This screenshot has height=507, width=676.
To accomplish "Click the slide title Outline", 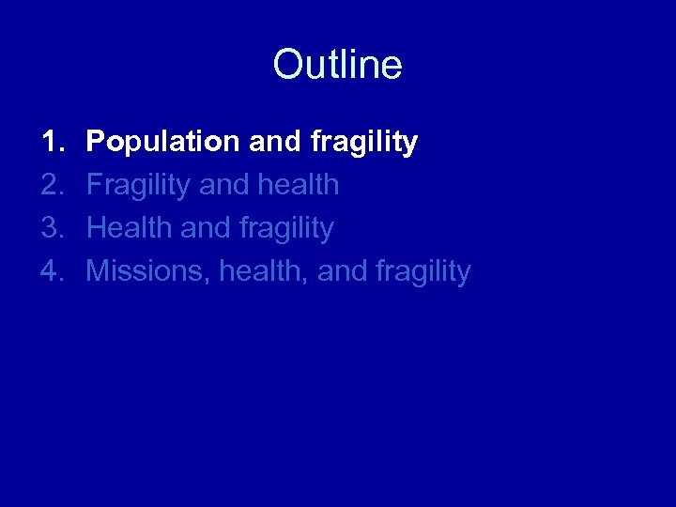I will click(x=337, y=65).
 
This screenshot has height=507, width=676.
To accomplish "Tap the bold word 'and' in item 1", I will click(x=274, y=142).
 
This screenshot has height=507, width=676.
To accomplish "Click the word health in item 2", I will click(x=296, y=185).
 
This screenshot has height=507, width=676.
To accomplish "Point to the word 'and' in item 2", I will click(x=223, y=185).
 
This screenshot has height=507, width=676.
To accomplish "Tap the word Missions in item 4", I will click(x=148, y=272).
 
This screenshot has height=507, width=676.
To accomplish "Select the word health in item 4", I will click(x=263, y=272).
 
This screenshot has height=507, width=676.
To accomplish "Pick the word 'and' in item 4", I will click(x=343, y=271).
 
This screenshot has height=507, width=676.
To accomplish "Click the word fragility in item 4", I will click(x=422, y=272).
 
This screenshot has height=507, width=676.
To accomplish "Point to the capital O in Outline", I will click(x=286, y=65).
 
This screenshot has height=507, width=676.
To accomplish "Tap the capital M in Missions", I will click(x=97, y=271).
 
